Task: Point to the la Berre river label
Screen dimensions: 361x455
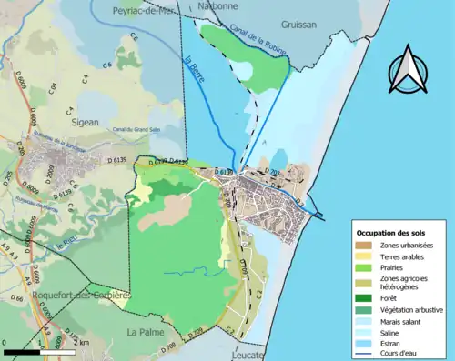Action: [x=194, y=72]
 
